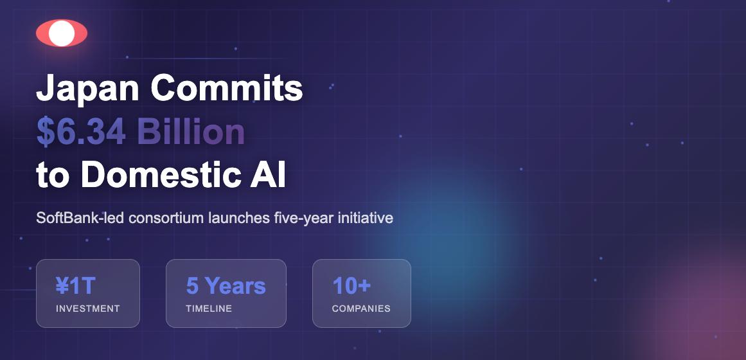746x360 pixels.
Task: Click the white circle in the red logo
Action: (62, 33)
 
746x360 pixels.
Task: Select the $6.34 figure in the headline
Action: (81, 132)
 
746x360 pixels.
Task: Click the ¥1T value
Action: (76, 285)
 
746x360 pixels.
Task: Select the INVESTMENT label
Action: (88, 309)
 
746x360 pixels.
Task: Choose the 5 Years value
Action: (226, 285)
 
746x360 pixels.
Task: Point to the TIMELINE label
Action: (209, 309)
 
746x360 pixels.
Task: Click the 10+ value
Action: (351, 285)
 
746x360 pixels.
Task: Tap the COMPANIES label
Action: (361, 309)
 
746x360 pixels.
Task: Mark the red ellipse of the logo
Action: (42, 33)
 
